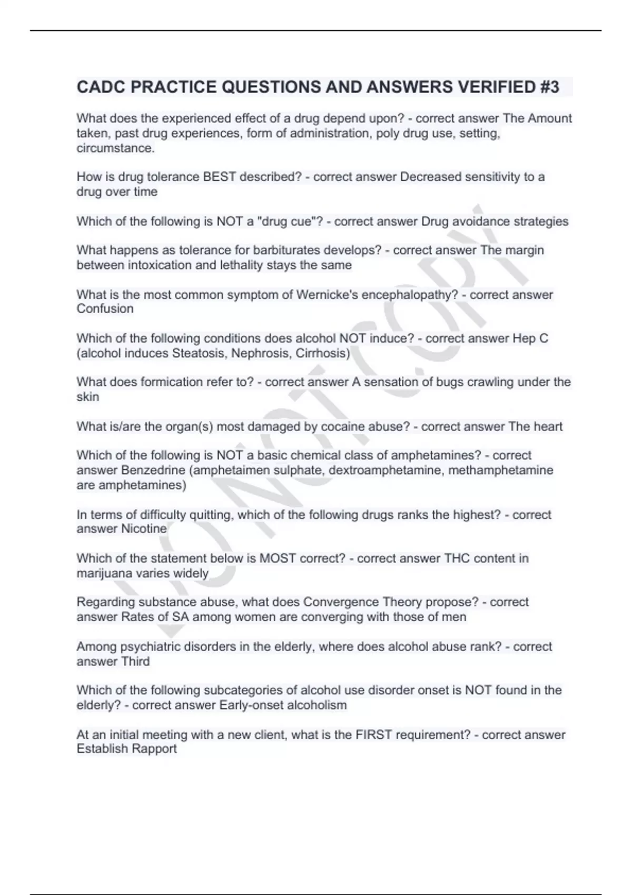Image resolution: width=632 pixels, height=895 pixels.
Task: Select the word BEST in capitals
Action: click(219, 177)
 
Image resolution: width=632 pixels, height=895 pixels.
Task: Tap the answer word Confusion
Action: click(105, 309)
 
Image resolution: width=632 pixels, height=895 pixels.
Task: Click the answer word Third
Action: click(135, 661)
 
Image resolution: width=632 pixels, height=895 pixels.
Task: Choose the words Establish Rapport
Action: click(126, 749)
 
